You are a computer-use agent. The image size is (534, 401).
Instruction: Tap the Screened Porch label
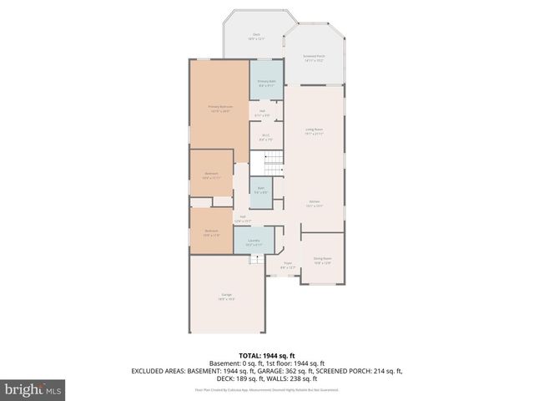pos(314,58)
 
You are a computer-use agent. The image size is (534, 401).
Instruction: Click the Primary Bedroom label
pos(219,108)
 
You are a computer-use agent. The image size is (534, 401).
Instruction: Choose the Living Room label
pos(314,131)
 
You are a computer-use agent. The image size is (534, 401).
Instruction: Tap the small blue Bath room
pos(260,190)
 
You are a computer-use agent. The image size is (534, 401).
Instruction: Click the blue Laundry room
pos(254,242)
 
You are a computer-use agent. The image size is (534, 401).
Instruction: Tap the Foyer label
pos(288,265)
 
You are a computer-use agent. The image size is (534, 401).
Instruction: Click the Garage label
pos(226,296)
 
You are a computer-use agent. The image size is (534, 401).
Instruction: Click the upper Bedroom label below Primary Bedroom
pos(210,175)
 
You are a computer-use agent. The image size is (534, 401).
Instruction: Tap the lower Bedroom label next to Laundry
pos(212,233)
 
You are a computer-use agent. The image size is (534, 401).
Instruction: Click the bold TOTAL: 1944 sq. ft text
pos(266,356)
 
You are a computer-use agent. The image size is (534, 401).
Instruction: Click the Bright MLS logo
pos(33,389)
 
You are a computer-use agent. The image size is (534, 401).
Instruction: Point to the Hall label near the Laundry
pos(242,219)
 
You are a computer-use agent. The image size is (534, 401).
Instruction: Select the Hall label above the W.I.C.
pos(262,113)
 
